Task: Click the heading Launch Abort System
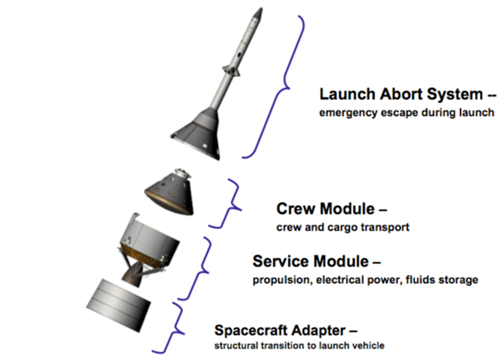tap(402, 94)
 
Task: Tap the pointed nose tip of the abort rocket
tap(261, 8)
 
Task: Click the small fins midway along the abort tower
tap(231, 71)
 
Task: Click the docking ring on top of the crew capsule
tap(182, 173)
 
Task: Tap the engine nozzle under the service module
tap(134, 276)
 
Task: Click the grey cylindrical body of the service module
tap(149, 238)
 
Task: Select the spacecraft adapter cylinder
tap(119, 305)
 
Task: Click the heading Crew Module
tap(326, 209)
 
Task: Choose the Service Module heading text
tap(311, 261)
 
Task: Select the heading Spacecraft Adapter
tap(281, 331)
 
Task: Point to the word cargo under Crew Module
tap(343, 228)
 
